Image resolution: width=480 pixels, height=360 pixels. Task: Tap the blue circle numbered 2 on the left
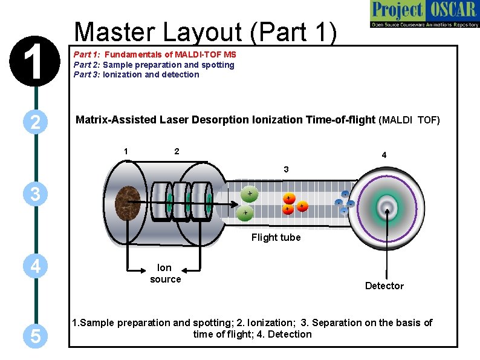coord(36,123)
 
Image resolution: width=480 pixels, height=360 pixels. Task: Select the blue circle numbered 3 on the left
coord(36,195)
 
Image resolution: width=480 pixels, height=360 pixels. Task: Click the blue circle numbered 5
coord(36,336)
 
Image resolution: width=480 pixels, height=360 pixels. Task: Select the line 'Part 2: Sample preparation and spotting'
coord(154,65)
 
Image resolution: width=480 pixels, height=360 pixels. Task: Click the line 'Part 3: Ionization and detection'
coord(136,74)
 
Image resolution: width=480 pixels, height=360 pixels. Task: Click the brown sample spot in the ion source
coord(128,201)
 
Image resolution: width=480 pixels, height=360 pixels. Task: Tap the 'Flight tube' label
coord(276,237)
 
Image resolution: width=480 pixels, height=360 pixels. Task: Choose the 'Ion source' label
coord(165,273)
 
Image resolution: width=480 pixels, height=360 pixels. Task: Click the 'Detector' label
coord(384,286)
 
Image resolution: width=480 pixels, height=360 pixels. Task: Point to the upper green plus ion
coord(248,193)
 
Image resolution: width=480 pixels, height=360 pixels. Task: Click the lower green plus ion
coord(245,213)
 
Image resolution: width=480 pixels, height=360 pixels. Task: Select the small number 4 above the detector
coord(384,155)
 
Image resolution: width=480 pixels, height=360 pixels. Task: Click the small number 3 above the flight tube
coord(287,170)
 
